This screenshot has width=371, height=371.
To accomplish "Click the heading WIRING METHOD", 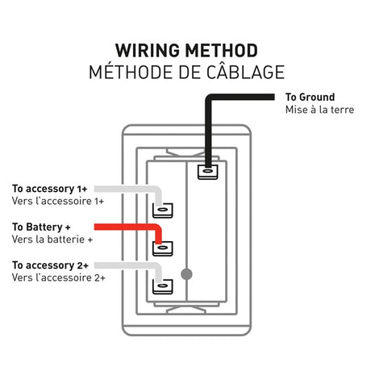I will [185, 50].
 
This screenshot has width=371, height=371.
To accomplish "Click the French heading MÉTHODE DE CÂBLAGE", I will [185, 72].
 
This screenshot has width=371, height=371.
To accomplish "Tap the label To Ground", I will [310, 98].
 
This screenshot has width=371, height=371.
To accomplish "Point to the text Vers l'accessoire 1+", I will [58, 200].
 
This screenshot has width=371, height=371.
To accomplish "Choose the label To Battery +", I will [48, 227].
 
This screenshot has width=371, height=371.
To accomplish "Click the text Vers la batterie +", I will [52, 240].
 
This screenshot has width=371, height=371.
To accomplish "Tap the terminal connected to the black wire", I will [207, 170].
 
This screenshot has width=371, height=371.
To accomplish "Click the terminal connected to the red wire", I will [162, 248].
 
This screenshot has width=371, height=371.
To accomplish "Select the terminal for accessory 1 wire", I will [162, 210].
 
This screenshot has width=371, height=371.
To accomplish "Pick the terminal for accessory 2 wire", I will [162, 285].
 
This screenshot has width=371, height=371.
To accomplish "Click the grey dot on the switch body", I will [188, 273].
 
